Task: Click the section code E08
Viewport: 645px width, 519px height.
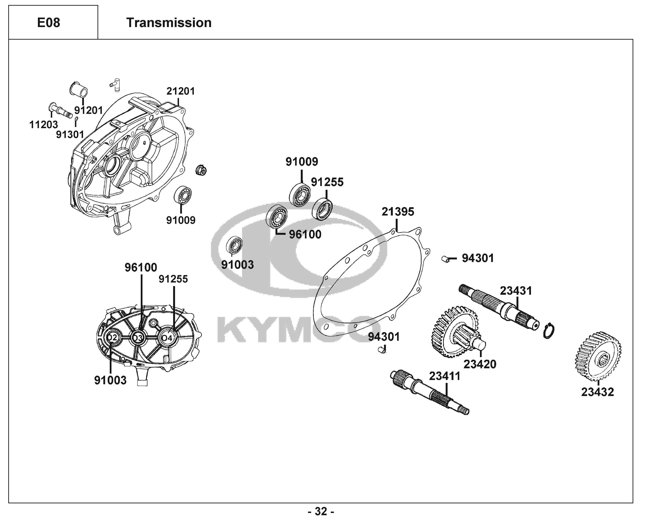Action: [48, 23]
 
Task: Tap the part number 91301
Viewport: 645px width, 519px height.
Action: [70, 135]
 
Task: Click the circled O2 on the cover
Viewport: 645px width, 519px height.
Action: [112, 338]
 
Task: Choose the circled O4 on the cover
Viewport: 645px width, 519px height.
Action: [167, 338]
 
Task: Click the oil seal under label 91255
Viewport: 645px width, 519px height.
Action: [322, 208]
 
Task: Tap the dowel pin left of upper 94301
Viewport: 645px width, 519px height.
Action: [446, 259]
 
